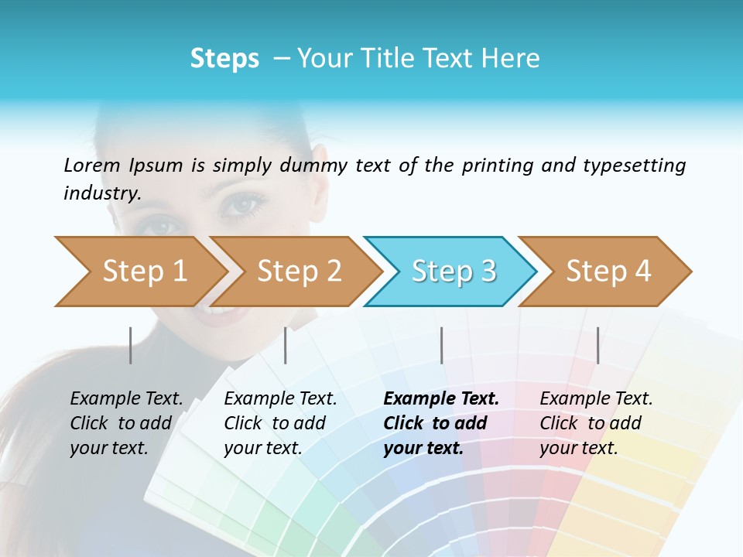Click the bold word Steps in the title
pyautogui.click(x=224, y=59)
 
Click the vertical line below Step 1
pyautogui.click(x=131, y=345)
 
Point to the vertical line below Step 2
pyautogui.click(x=286, y=345)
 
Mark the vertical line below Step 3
pyautogui.click(x=442, y=345)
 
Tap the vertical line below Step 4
pyautogui.click(x=597, y=345)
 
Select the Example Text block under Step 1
pyautogui.click(x=126, y=423)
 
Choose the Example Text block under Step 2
pyautogui.click(x=280, y=423)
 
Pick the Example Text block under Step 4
pyautogui.click(x=596, y=423)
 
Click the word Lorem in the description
pyautogui.click(x=92, y=165)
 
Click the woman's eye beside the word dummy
pyautogui.click(x=245, y=204)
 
